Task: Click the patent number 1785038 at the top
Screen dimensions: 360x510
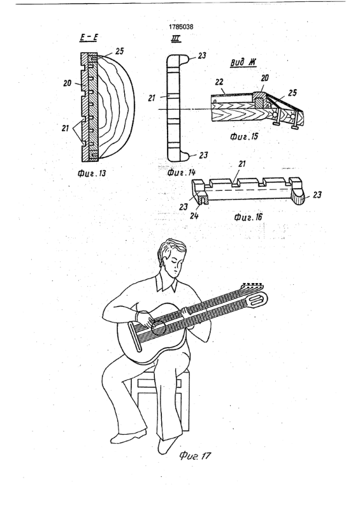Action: (181, 27)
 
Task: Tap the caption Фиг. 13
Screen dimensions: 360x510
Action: (92, 173)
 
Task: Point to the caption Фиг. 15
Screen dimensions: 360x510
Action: (244, 136)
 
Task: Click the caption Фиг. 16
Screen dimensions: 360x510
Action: (248, 217)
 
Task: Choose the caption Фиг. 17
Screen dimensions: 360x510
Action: (195, 456)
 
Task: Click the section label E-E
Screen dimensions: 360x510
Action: (89, 38)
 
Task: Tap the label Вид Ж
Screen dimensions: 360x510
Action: (243, 62)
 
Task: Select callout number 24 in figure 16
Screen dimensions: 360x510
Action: (194, 215)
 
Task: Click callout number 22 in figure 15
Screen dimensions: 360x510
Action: (219, 83)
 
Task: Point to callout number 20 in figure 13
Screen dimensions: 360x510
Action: (68, 84)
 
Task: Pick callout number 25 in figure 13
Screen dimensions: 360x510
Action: (119, 51)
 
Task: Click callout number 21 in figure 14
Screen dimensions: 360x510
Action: (152, 98)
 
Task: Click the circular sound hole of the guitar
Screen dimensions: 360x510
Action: (159, 328)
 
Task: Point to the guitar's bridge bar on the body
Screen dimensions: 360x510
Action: (135, 337)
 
